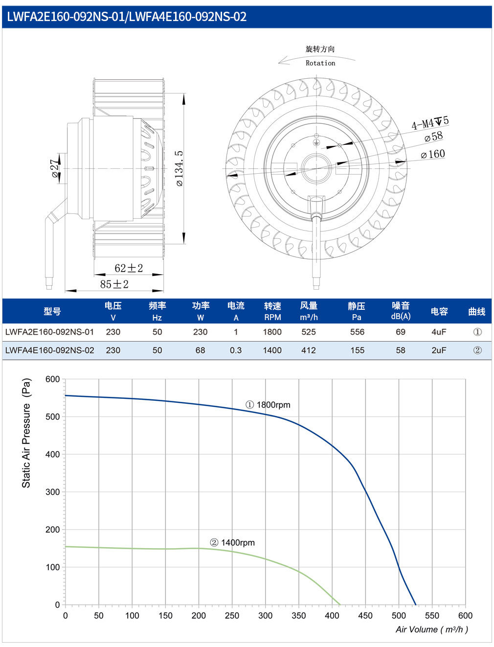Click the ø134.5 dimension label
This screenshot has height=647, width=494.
[x=180, y=168]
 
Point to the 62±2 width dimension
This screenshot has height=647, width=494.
[x=129, y=268]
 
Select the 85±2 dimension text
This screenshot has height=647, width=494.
[x=114, y=284]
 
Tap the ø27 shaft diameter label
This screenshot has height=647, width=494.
[x=55, y=168]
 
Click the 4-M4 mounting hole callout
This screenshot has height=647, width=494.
[x=430, y=123]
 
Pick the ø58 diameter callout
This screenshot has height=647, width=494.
[x=433, y=137]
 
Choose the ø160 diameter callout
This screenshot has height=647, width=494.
[x=432, y=154]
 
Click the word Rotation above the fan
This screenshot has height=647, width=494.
[x=320, y=63]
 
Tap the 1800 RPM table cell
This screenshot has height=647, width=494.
[x=272, y=332]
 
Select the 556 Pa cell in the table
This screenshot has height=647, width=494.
[x=357, y=332]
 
